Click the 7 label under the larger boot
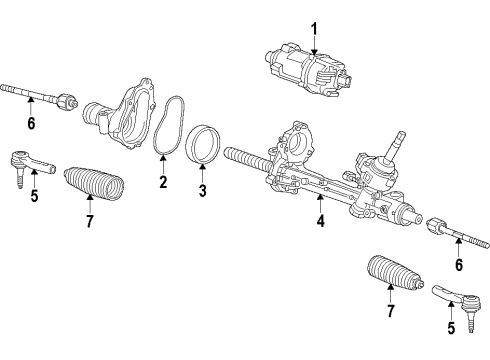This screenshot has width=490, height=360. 89,219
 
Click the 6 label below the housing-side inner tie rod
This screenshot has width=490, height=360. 31,123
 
